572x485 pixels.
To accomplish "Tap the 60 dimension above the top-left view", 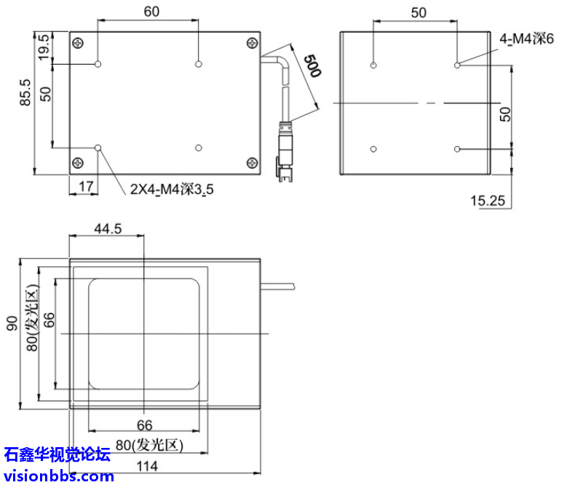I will pos(152,11).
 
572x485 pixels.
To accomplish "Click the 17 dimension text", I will pos(86,186).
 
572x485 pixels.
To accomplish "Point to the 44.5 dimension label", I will pos(107,228).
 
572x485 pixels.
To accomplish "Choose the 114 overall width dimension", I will pos(148,466).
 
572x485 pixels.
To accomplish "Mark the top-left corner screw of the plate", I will pos(78,42).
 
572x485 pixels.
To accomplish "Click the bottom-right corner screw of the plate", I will pos(251,162).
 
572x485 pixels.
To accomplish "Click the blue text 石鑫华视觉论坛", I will pos(57,456).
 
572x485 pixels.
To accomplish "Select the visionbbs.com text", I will pos(58,476).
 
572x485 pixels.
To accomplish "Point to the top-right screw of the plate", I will pos(251,42).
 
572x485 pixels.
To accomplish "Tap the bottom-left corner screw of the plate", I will pos(78,162).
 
